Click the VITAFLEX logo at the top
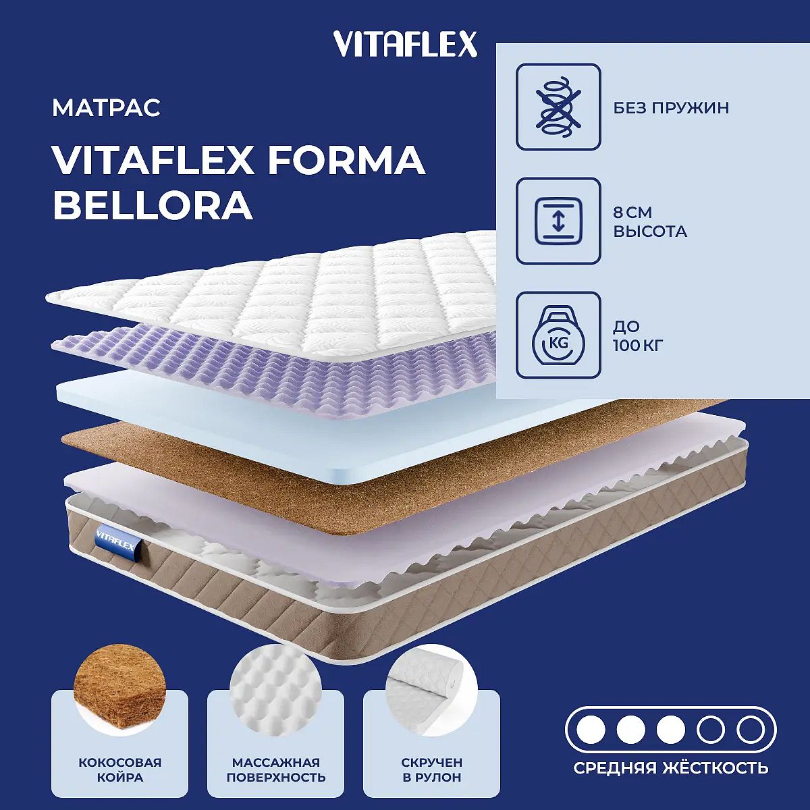(406, 44)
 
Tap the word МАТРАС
(107, 108)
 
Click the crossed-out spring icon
(558, 107)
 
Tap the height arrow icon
(558, 221)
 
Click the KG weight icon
(558, 335)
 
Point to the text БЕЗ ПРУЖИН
(671, 108)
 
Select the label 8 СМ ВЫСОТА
(650, 221)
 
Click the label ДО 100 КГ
(639, 336)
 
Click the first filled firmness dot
(591, 730)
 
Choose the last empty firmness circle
(751, 730)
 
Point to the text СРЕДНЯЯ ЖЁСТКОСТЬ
(671, 768)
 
